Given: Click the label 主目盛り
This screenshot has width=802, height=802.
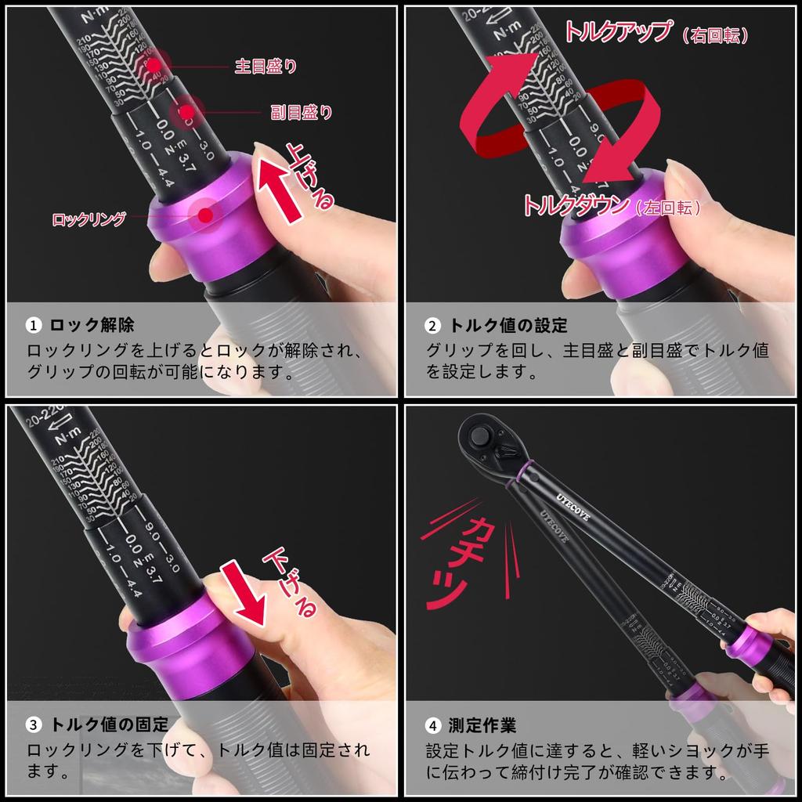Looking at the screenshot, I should point(266,67).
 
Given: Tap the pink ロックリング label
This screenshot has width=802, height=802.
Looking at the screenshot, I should point(89,219).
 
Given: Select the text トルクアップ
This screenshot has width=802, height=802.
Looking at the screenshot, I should point(617,32).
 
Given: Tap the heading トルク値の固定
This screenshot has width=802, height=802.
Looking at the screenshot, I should point(109,725).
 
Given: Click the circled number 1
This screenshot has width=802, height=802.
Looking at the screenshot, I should point(34,325).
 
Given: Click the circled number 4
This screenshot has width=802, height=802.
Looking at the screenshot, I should point(433,725).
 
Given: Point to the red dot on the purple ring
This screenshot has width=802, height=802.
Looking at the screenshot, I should point(206,214).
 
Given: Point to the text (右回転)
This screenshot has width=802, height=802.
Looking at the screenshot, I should point(714,36).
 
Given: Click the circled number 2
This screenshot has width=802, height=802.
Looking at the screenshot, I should point(433,325).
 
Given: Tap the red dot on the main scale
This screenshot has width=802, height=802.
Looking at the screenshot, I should point(154,67).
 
